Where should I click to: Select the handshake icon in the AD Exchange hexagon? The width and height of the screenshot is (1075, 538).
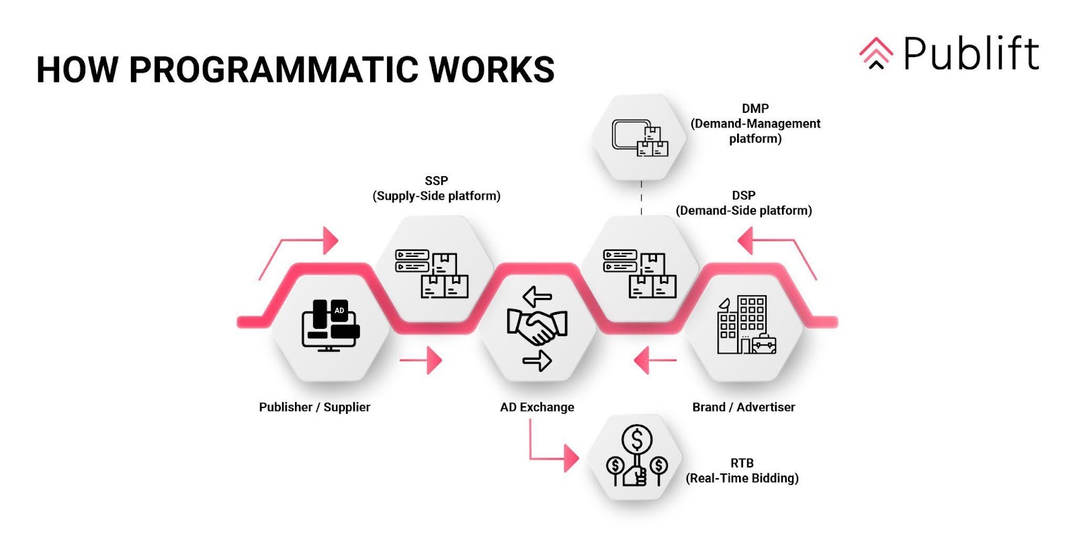[x=537, y=326]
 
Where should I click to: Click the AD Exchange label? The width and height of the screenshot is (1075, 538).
[x=537, y=407]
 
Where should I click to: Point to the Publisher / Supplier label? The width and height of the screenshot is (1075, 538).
[x=314, y=407]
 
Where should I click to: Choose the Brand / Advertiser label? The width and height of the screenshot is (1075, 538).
[x=743, y=407]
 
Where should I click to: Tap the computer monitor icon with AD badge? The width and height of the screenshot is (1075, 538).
[x=330, y=325]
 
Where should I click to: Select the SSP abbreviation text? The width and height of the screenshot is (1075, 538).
[x=436, y=181]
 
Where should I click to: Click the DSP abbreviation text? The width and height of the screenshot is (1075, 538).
[x=743, y=195]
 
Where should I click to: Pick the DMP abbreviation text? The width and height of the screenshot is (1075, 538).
[x=755, y=108]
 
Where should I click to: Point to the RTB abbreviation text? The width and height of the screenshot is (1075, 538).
[x=742, y=463]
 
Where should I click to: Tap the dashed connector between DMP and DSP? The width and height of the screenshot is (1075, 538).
[x=642, y=198]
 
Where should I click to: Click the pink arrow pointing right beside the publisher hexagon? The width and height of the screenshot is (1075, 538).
[x=421, y=360]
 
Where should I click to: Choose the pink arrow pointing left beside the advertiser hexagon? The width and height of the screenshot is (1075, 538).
[x=654, y=360]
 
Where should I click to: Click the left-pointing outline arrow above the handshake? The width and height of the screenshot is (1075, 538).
[x=537, y=296]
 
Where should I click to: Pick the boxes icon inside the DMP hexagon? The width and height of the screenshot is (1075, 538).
[x=640, y=138]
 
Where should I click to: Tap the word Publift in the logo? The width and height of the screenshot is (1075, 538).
[x=971, y=54]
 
